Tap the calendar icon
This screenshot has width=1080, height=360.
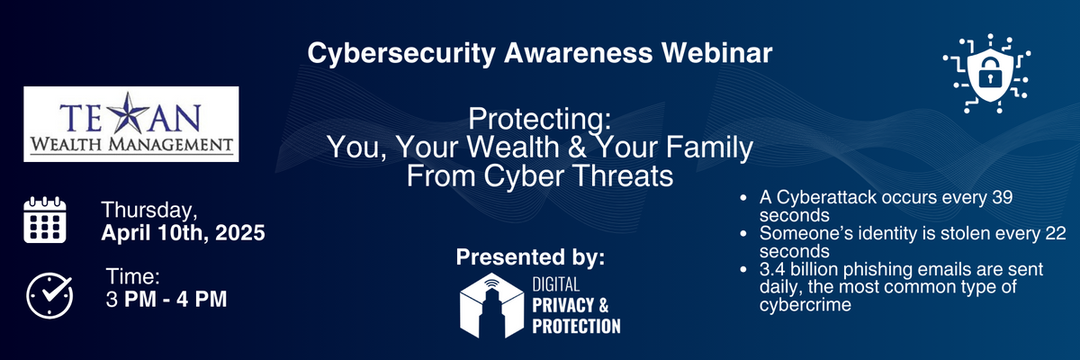click(x=45, y=220)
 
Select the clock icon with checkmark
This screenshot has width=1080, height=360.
click(x=49, y=295)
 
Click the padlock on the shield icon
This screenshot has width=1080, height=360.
click(x=989, y=71)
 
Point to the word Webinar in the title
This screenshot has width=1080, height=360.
click(x=717, y=53)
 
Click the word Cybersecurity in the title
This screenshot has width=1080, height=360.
click(x=401, y=54)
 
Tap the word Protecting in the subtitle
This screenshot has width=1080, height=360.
click(x=539, y=119)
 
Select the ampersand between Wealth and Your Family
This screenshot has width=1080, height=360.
click(x=577, y=147)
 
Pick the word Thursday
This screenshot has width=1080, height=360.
click(x=149, y=211)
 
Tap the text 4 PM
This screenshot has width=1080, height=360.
click(x=202, y=300)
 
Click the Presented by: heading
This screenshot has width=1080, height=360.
click(x=530, y=256)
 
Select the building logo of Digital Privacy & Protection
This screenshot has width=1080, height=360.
click(x=491, y=305)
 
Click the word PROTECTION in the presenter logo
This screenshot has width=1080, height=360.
click(x=576, y=327)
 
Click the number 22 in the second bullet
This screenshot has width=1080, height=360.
click(x=1056, y=233)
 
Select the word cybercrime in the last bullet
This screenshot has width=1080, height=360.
click(x=805, y=305)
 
